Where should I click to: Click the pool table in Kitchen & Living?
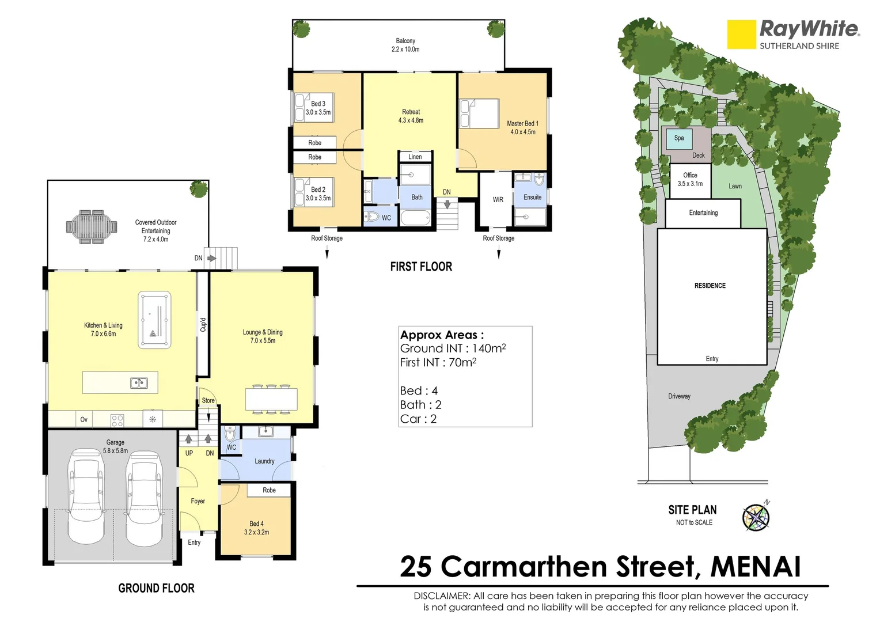154,320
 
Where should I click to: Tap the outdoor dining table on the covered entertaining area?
92,226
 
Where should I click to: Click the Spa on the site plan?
679,138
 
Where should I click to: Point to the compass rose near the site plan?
756,515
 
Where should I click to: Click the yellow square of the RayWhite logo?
741,35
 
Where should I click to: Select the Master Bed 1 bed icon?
479,113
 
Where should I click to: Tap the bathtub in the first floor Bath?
415,218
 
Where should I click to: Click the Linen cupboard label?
415,157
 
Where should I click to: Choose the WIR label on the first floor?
498,200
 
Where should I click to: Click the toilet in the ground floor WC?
230,433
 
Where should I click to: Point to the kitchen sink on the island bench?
138,382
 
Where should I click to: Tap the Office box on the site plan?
690,180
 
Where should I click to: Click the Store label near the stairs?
208,400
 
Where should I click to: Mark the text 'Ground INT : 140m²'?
453,348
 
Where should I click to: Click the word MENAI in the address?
755,567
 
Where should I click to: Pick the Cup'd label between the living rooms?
203,325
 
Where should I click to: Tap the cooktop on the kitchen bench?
117,420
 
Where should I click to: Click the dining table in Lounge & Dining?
271,399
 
